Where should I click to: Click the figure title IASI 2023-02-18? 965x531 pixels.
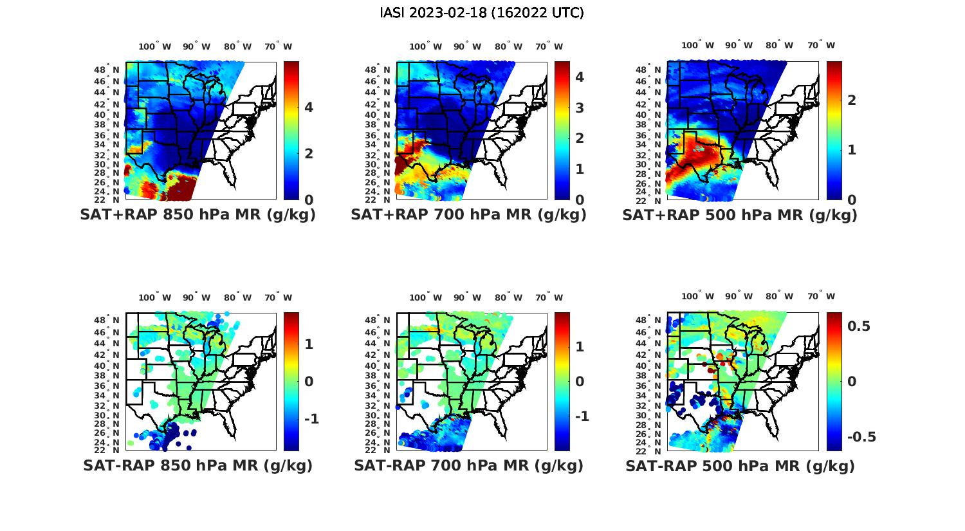click(x=482, y=13)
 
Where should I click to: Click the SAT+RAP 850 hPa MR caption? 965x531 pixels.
click(x=198, y=215)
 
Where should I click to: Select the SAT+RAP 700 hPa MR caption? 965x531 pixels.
click(x=468, y=215)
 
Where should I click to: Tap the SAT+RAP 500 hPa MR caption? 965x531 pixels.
click(x=740, y=215)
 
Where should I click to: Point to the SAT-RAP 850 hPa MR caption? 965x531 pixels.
click(x=198, y=465)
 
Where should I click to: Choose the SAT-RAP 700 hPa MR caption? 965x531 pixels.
click(x=468, y=465)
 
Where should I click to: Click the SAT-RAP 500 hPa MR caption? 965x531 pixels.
click(x=740, y=465)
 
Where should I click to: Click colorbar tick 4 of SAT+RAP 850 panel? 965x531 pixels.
click(x=309, y=107)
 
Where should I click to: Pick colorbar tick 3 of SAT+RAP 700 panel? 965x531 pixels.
click(x=579, y=107)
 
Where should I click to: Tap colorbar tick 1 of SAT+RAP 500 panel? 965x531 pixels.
click(x=852, y=149)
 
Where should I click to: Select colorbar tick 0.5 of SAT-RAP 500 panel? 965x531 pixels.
click(x=859, y=326)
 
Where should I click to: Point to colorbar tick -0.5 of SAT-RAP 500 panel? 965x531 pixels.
click(x=861, y=437)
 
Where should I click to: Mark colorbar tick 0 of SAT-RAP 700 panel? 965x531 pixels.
click(x=579, y=382)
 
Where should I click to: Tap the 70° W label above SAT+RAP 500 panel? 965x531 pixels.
click(x=822, y=45)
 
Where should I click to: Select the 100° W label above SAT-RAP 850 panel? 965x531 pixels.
click(x=155, y=297)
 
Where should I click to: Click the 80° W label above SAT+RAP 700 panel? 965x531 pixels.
click(x=510, y=46)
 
